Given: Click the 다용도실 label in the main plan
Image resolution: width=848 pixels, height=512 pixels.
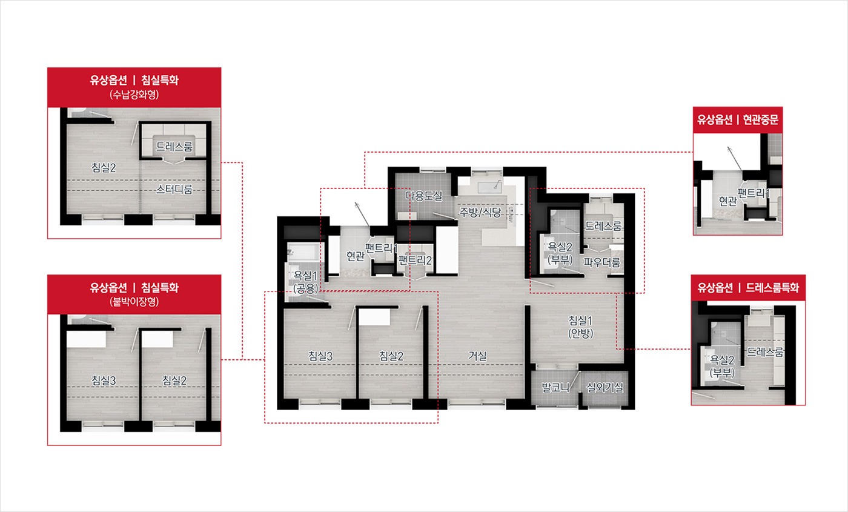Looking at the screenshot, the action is (x=423, y=196).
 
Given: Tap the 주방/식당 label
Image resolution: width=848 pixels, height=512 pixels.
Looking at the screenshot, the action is (x=480, y=212).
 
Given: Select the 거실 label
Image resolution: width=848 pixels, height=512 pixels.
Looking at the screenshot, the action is (x=477, y=356).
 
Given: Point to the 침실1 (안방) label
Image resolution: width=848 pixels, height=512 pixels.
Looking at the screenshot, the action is (x=580, y=327).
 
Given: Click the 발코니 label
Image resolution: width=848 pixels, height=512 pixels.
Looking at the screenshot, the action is (x=555, y=387).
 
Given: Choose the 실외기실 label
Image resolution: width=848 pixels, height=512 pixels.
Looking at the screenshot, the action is (x=605, y=387).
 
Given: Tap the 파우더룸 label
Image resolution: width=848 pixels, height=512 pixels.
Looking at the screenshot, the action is (x=602, y=262).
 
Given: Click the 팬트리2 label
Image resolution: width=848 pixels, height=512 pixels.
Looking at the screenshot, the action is (x=415, y=260).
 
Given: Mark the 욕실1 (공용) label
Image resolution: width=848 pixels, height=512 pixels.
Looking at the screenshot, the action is (x=305, y=282).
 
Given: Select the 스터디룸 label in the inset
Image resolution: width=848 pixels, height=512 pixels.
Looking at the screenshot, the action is (x=174, y=189).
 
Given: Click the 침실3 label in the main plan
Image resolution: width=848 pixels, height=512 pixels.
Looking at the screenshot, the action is (x=320, y=356).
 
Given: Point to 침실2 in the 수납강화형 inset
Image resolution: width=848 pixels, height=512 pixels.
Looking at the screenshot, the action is (x=104, y=167).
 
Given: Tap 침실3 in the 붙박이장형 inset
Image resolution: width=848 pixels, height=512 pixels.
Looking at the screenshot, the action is (x=104, y=381).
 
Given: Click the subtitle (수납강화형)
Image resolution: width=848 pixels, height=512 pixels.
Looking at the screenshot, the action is (x=134, y=95).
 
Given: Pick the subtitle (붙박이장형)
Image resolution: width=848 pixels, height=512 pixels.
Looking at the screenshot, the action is (x=134, y=302).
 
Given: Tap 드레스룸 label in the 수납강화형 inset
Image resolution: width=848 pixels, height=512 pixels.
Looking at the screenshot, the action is (x=174, y=147).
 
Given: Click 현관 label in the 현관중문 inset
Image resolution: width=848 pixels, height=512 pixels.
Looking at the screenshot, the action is (x=727, y=201).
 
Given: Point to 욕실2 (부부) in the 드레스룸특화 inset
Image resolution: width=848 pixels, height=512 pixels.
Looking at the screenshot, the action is (x=722, y=366).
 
